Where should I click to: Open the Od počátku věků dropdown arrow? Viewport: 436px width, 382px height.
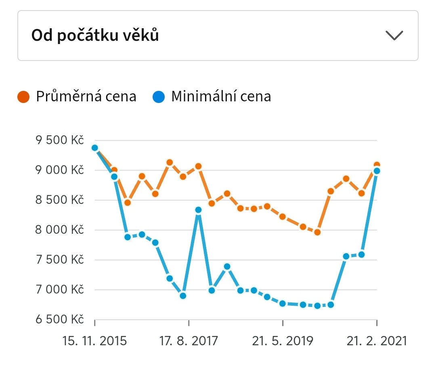tap(394, 35)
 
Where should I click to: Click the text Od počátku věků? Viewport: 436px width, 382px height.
tap(95, 36)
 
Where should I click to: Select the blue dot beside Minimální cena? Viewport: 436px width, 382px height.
tap(159, 97)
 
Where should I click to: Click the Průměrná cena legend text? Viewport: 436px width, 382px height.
tap(86, 97)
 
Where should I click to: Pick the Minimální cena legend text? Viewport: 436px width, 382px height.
tap(221, 97)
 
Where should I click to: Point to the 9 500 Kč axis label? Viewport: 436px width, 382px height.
tap(60, 141)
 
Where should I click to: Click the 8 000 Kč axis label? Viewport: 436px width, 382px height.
tap(60, 230)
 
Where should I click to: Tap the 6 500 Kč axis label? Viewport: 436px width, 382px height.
tap(60, 320)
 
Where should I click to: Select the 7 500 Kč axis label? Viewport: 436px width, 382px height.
tap(60, 260)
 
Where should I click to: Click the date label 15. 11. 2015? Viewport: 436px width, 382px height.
tap(94, 341)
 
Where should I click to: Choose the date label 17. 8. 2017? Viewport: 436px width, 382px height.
tap(189, 341)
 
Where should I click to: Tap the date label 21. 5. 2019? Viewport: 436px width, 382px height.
tap(283, 341)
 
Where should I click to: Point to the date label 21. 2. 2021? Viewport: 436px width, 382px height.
tap(377, 341)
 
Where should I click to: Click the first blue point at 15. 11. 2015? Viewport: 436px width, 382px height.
tap(95, 148)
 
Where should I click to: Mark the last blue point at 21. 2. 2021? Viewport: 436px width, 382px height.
tap(377, 171)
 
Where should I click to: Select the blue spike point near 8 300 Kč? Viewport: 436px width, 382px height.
tap(198, 210)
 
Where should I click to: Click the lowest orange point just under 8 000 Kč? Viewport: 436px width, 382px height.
tap(317, 232)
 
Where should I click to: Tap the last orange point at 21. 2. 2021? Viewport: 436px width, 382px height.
tap(377, 165)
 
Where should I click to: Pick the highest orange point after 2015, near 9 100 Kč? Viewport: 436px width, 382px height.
tap(170, 162)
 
